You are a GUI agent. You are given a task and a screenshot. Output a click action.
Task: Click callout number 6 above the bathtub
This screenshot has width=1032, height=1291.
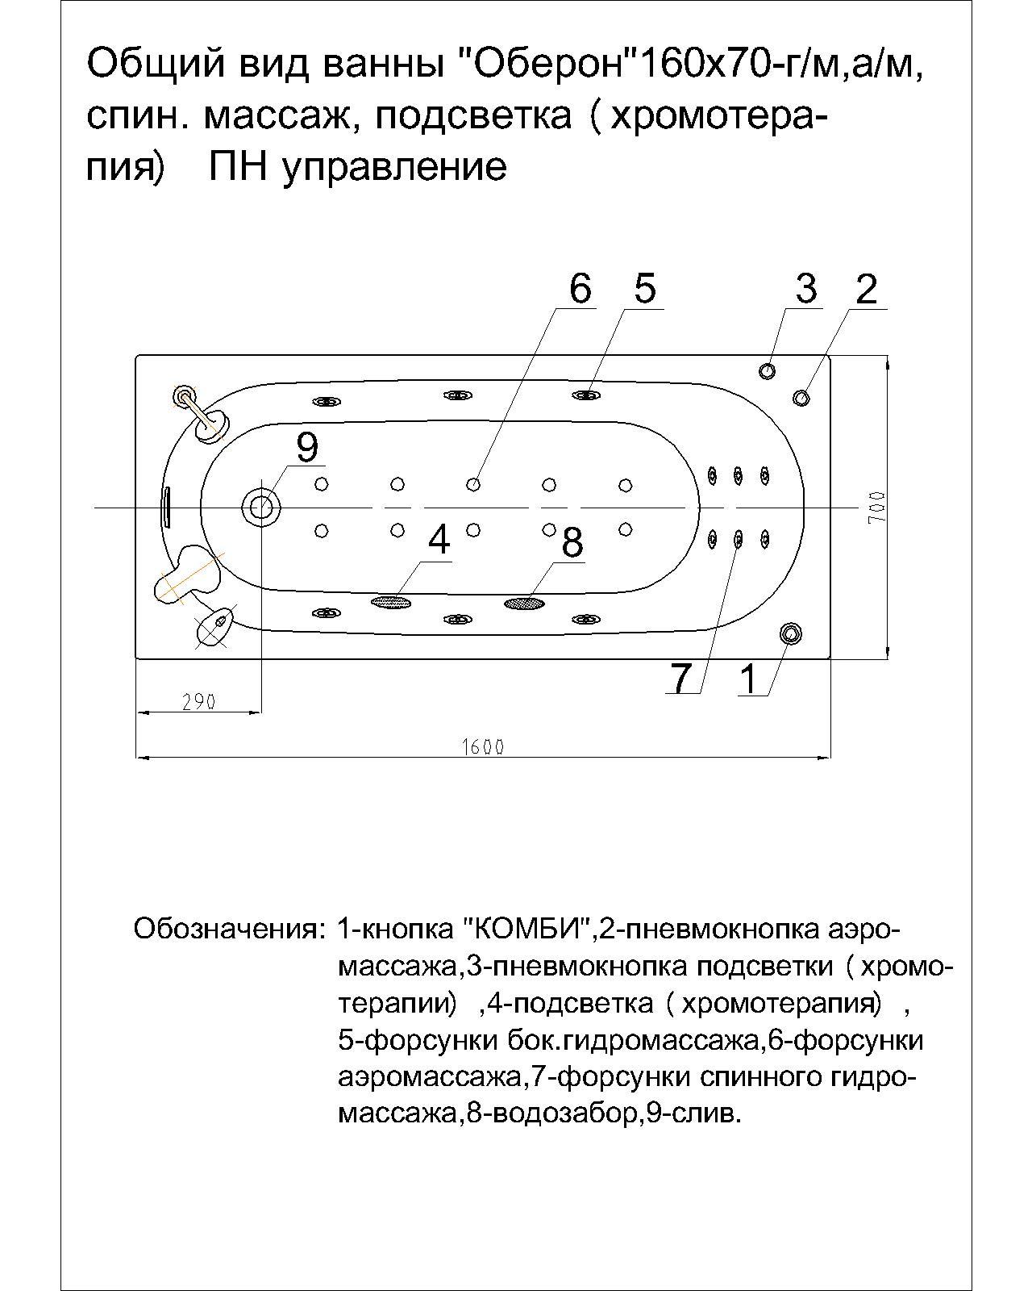click(x=580, y=289)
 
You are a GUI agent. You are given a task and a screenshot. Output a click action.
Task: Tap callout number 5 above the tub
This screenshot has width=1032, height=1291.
click(x=645, y=289)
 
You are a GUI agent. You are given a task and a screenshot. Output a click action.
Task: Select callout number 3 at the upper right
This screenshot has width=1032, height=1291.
click(x=806, y=289)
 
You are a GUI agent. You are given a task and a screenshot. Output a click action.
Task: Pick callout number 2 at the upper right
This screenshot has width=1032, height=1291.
click(x=866, y=289)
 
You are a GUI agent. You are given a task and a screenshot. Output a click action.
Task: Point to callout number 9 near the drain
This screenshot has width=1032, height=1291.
click(x=307, y=446)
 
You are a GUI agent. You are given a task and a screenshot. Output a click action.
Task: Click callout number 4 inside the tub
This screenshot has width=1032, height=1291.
click(x=439, y=539)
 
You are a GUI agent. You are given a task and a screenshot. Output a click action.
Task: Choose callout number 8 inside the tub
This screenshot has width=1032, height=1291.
click(x=572, y=542)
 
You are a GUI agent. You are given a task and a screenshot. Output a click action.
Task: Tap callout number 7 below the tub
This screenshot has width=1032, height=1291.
click(x=682, y=678)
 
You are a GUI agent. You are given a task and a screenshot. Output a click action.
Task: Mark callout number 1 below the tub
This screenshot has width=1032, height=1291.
click(x=750, y=679)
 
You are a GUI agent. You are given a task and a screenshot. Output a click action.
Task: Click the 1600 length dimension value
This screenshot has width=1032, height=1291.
click(x=483, y=746)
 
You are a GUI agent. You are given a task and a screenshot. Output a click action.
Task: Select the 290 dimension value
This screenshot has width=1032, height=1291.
click(x=198, y=702)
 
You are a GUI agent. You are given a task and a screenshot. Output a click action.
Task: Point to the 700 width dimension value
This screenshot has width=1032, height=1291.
click(x=877, y=508)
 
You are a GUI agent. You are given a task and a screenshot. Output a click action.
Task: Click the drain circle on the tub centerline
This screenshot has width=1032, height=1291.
click(x=261, y=506)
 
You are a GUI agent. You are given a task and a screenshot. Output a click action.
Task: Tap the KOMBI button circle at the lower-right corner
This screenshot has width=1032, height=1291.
click(x=790, y=633)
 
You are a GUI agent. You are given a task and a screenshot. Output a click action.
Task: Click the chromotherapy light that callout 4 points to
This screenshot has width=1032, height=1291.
click(x=390, y=601)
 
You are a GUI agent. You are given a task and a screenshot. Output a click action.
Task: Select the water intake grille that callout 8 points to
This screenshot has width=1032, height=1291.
click(x=523, y=603)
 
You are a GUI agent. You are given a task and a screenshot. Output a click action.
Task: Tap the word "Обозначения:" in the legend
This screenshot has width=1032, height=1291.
click(x=228, y=929)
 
